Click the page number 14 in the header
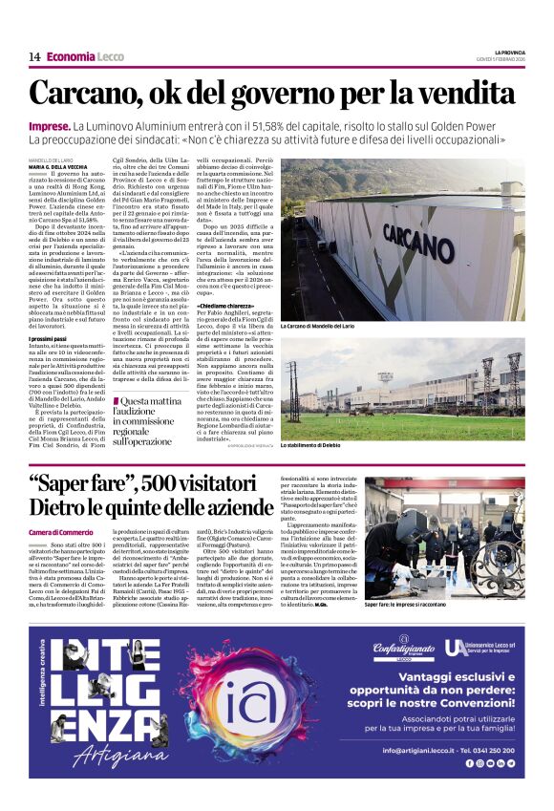(x=34, y=56)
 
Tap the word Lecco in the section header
(x=110, y=56)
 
